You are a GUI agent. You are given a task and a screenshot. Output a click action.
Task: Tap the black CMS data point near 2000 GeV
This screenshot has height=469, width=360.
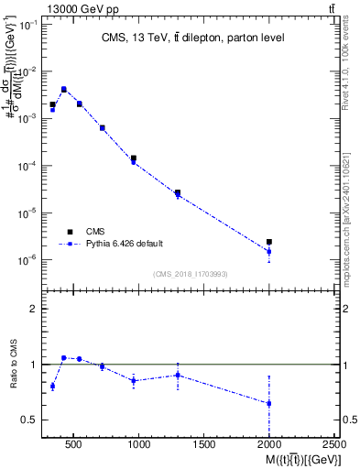pos(268,242)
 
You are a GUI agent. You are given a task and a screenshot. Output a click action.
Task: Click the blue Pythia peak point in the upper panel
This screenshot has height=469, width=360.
pos(64,90)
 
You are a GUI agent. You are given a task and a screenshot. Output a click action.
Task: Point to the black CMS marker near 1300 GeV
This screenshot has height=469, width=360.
pos(178,192)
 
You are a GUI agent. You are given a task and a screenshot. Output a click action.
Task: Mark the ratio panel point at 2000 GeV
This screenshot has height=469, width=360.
pos(268,403)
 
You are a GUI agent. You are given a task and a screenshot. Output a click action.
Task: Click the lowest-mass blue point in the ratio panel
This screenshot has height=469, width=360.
pos(52,386)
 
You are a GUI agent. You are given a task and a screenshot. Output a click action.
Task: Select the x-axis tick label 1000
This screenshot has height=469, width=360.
pos(139,444)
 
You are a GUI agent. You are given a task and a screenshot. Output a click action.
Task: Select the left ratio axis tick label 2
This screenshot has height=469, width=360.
pos(32,309)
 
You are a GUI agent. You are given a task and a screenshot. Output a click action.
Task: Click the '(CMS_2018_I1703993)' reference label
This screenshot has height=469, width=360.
pos(190,274)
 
